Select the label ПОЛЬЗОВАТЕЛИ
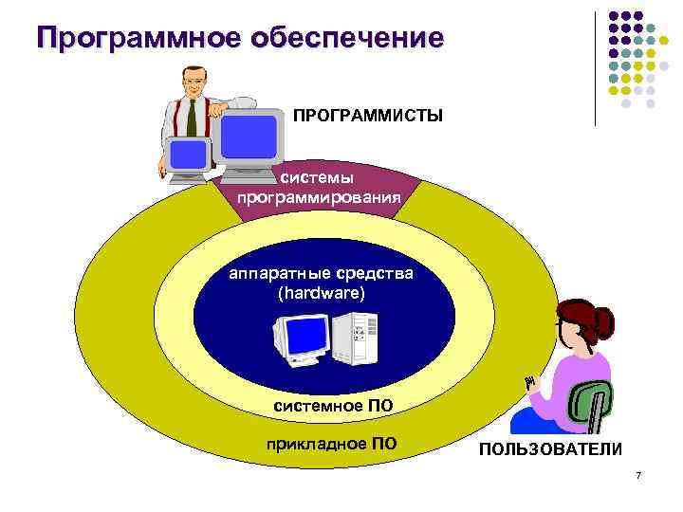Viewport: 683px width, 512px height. tap(550, 448)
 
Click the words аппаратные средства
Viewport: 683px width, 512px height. tap(321, 274)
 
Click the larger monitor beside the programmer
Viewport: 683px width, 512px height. tap(249, 137)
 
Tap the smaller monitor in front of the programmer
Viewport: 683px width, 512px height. tap(188, 156)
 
